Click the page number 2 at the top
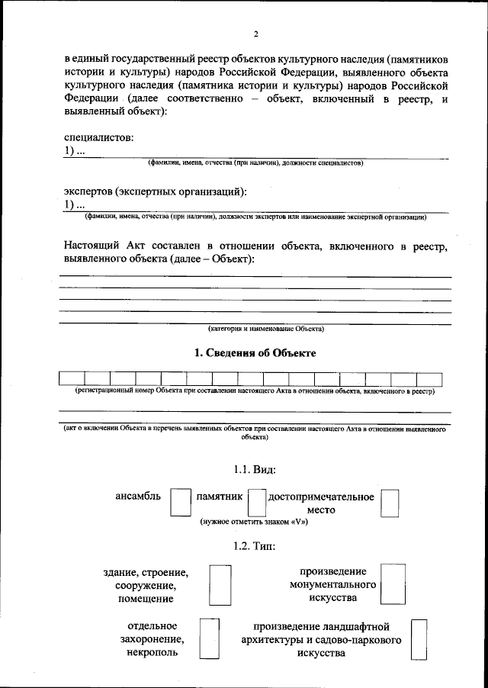(256, 34)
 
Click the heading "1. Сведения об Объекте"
(255, 353)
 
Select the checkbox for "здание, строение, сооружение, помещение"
(220, 584)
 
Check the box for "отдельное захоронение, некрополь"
(209, 638)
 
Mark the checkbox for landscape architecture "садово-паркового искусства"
(418, 638)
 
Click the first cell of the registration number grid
(72, 378)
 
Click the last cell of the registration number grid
(429, 378)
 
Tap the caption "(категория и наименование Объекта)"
(266, 329)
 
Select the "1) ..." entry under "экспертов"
(74, 205)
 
